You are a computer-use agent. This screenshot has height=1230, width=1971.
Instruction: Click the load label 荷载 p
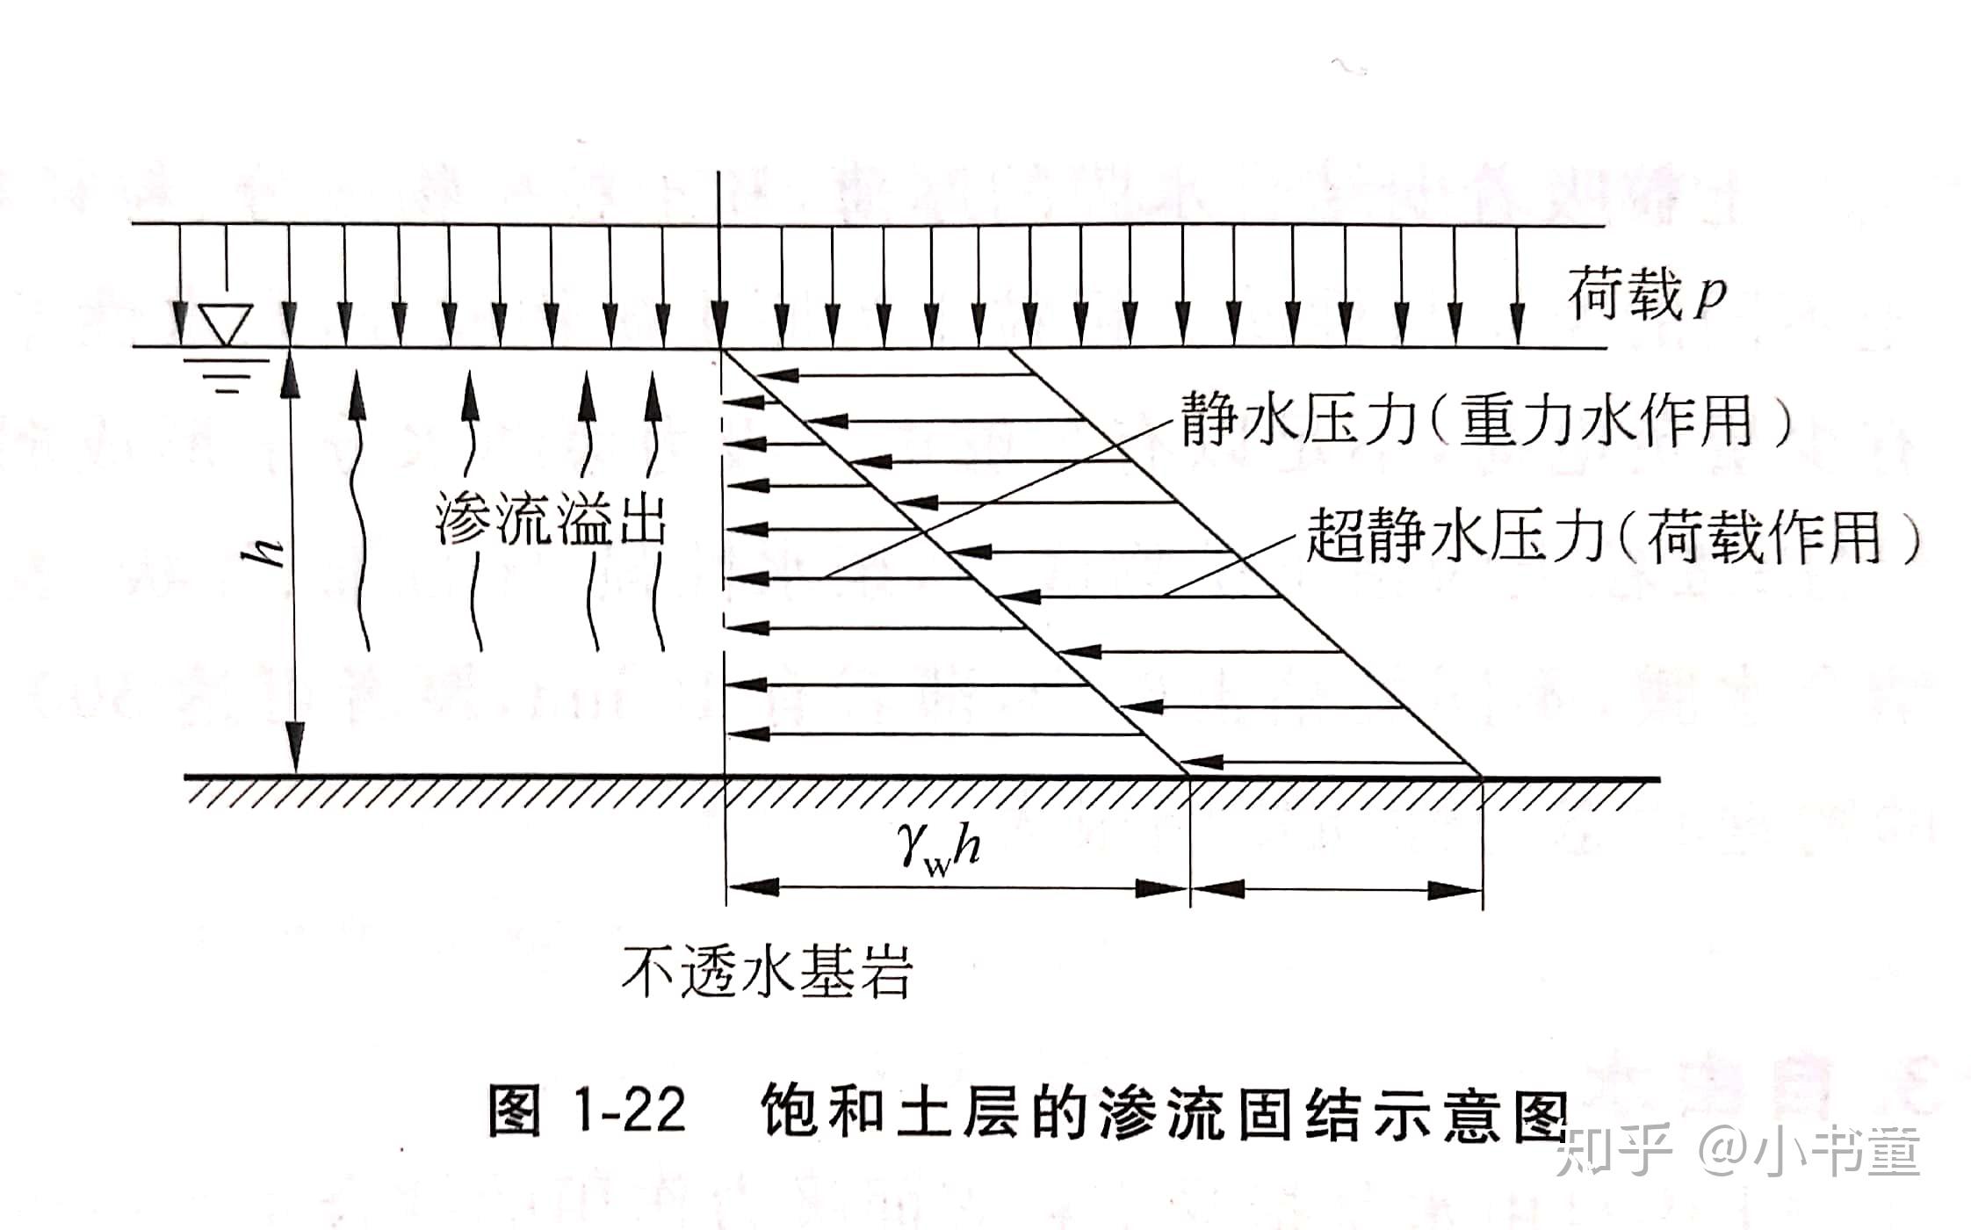point(1647,296)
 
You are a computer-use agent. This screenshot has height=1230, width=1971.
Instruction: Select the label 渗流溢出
point(551,523)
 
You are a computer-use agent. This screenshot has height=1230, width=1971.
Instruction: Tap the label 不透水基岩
point(767,971)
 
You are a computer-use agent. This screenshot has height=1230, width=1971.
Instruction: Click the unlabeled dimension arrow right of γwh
point(1336,890)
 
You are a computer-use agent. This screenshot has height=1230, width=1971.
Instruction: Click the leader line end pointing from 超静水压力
point(1166,595)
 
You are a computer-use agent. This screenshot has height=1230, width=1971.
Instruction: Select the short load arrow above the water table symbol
point(227,264)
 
